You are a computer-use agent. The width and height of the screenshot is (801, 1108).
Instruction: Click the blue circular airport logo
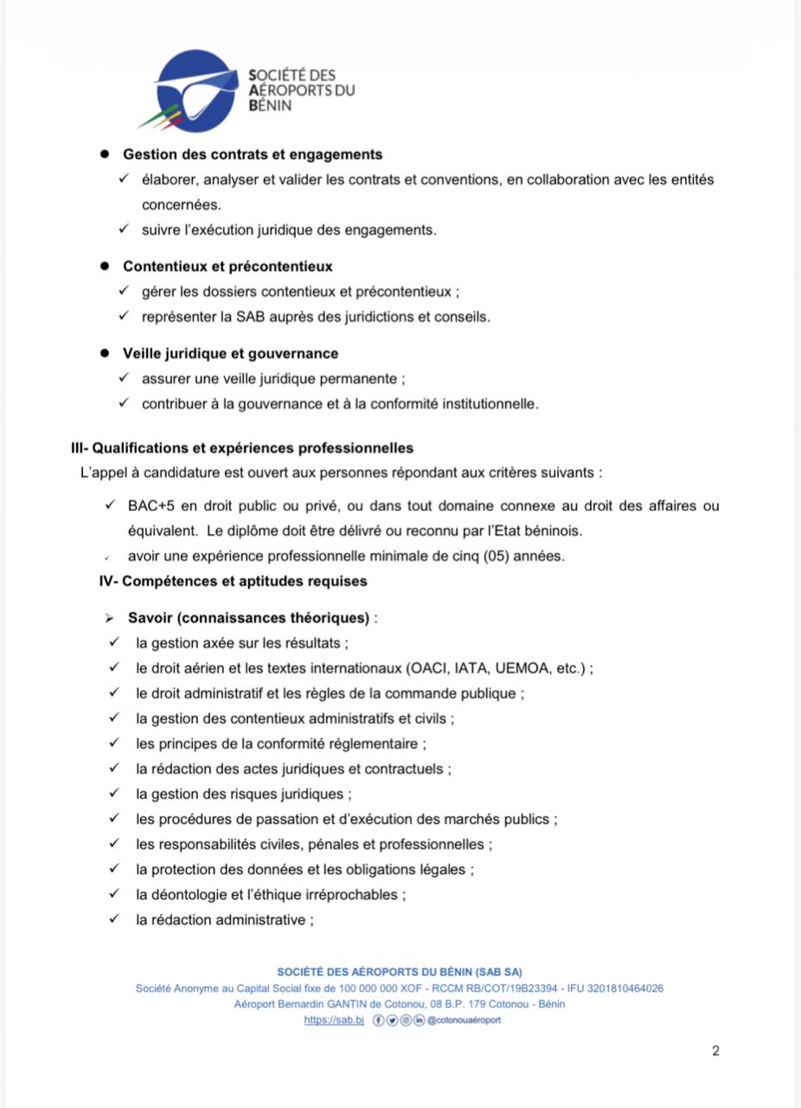[x=200, y=90]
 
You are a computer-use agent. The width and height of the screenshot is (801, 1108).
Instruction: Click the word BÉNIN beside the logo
[x=269, y=105]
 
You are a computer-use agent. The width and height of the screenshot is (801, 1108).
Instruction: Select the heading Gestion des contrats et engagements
[x=253, y=155]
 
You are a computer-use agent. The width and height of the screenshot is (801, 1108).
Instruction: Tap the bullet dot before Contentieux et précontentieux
[x=105, y=267]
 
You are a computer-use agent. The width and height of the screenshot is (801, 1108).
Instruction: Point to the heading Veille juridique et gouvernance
[x=230, y=354]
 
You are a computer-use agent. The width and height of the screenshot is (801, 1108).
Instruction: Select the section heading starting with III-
[x=242, y=448]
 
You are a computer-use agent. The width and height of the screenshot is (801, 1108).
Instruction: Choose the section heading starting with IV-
[x=233, y=582]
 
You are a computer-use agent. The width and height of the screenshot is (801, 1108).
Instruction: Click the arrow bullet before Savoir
[x=109, y=619]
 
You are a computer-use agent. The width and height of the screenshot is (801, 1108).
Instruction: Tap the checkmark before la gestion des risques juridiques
[x=113, y=794]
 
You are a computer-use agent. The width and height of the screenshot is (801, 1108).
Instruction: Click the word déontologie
[x=188, y=894]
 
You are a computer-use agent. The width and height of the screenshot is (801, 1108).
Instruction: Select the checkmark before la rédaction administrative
[x=113, y=919]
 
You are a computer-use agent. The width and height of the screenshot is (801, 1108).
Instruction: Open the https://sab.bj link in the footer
[x=333, y=1021]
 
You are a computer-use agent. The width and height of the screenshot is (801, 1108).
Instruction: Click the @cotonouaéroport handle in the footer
[x=464, y=1021]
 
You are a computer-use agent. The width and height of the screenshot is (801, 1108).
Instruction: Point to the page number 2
[x=715, y=1052]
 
